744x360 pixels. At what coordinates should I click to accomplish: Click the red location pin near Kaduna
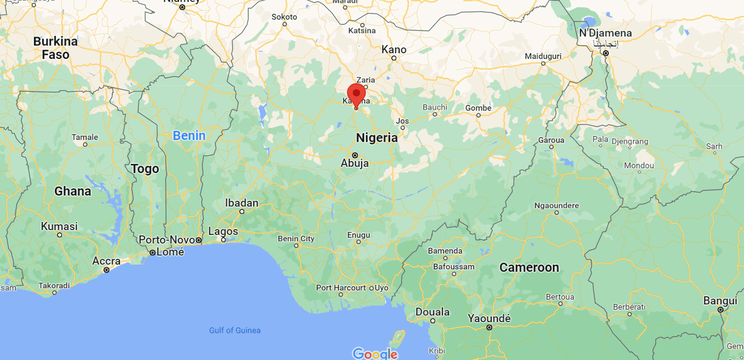click(355, 94)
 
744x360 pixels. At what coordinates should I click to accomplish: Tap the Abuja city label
click(355, 164)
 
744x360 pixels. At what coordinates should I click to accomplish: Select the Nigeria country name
click(376, 138)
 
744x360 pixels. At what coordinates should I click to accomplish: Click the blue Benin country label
click(189, 135)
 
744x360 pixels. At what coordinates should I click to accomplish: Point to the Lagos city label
click(223, 231)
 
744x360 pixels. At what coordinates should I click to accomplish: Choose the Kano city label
click(394, 50)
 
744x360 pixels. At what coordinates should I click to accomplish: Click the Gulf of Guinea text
click(234, 330)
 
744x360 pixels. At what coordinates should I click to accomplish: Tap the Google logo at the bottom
click(374, 354)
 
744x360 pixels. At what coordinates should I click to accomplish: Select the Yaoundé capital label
click(489, 318)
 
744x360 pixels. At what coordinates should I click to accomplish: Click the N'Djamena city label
click(605, 33)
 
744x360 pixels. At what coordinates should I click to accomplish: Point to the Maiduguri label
click(542, 56)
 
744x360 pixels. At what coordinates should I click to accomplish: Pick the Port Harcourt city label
click(340, 288)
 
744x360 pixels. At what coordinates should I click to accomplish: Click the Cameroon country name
click(529, 268)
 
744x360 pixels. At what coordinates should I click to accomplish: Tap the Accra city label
click(106, 261)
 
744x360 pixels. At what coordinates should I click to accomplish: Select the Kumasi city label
click(59, 226)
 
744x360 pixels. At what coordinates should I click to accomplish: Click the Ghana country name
click(73, 191)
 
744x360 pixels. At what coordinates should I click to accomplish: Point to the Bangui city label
click(719, 301)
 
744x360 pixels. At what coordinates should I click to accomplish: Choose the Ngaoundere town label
click(556, 205)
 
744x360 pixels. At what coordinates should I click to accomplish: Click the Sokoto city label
click(285, 16)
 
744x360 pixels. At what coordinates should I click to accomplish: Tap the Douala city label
click(432, 312)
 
